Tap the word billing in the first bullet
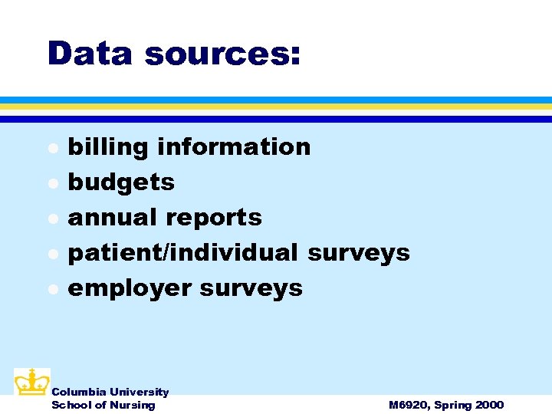tap(107, 146)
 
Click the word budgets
tap(121, 182)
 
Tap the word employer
tap(130, 288)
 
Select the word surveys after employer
tap(251, 288)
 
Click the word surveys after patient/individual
tap(358, 252)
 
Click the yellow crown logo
tap(31, 382)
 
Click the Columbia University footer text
tap(110, 392)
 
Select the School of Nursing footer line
tap(103, 405)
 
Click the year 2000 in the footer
tap(488, 405)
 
